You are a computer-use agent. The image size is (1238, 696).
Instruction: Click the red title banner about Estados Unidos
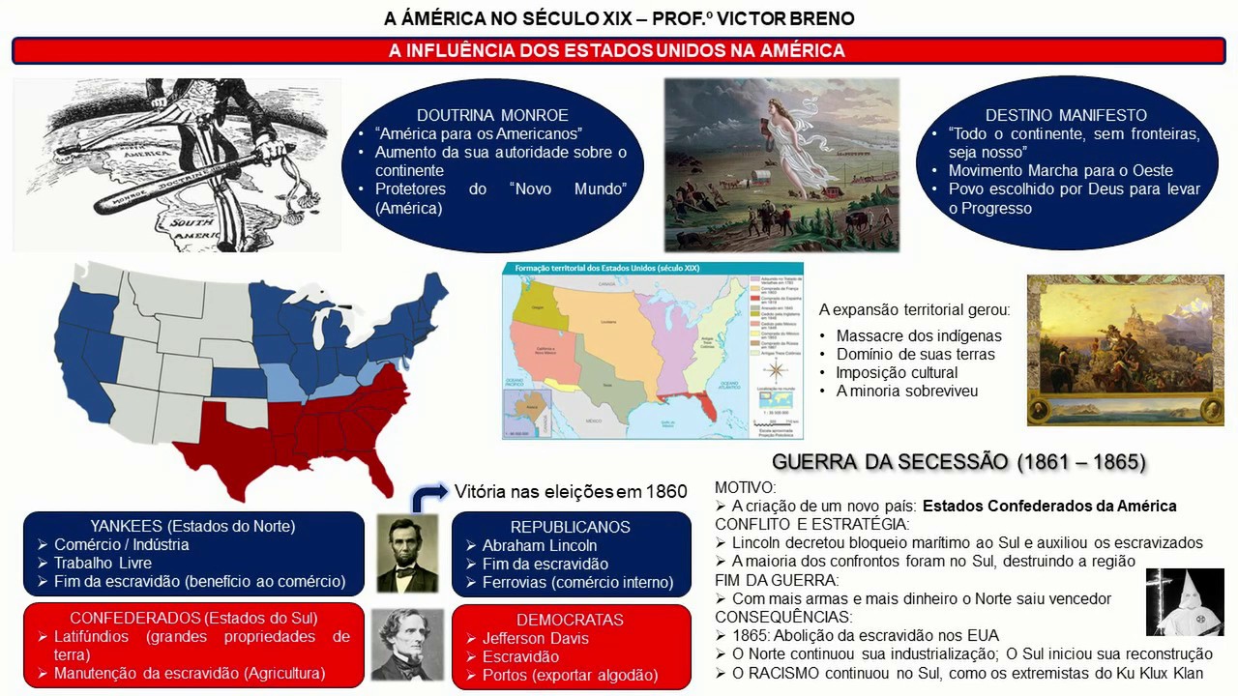(618, 51)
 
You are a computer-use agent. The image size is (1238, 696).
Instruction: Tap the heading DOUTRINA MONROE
(492, 115)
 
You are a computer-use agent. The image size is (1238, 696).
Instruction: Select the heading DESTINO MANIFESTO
(1066, 115)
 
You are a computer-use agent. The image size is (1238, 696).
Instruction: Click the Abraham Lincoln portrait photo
(406, 553)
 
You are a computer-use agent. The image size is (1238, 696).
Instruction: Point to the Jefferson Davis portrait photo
(406, 644)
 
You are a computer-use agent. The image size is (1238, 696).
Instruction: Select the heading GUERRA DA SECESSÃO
(958, 462)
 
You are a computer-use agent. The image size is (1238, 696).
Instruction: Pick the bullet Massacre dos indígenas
(919, 336)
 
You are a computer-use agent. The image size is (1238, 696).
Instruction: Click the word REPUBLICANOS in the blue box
(571, 527)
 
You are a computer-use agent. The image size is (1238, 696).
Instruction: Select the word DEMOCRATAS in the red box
(570, 620)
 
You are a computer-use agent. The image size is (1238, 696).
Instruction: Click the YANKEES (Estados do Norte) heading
(192, 526)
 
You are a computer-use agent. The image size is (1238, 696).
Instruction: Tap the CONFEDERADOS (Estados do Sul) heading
(193, 618)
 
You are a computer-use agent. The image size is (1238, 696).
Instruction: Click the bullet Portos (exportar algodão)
(570, 675)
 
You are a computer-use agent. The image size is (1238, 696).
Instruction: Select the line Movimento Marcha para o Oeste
(1060, 171)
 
